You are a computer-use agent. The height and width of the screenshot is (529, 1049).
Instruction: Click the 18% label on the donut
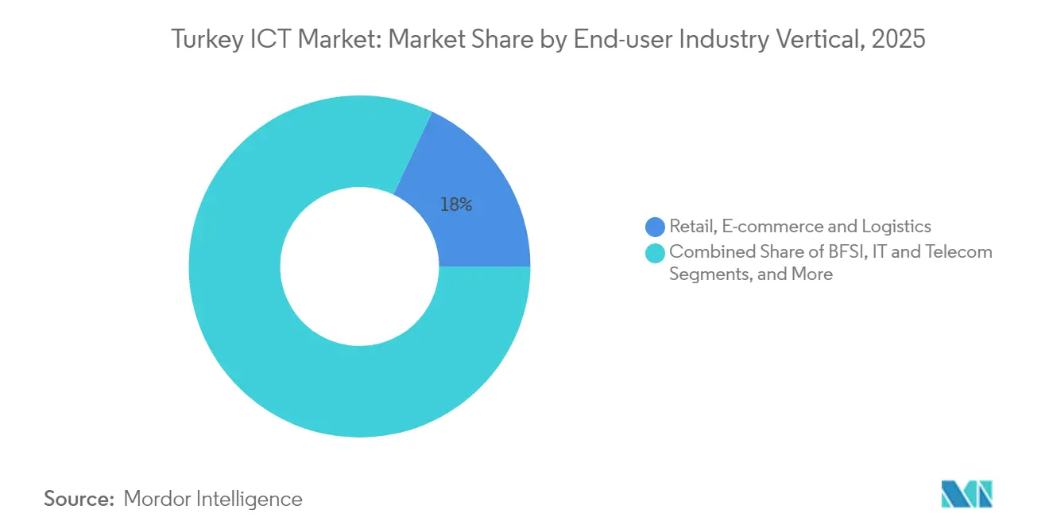[x=456, y=205]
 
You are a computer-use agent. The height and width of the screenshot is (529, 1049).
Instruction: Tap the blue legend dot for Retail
[x=655, y=228]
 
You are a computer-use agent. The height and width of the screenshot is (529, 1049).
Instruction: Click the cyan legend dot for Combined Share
[x=655, y=253]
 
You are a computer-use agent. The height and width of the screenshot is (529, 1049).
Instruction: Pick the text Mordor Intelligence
[x=213, y=499]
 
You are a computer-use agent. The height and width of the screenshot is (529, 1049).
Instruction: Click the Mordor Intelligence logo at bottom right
[x=966, y=494]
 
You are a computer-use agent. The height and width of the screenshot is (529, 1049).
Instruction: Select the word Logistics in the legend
[x=896, y=228]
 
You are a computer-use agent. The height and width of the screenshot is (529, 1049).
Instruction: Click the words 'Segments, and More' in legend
[x=751, y=274]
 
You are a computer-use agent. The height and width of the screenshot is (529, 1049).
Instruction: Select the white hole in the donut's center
[x=359, y=266]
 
